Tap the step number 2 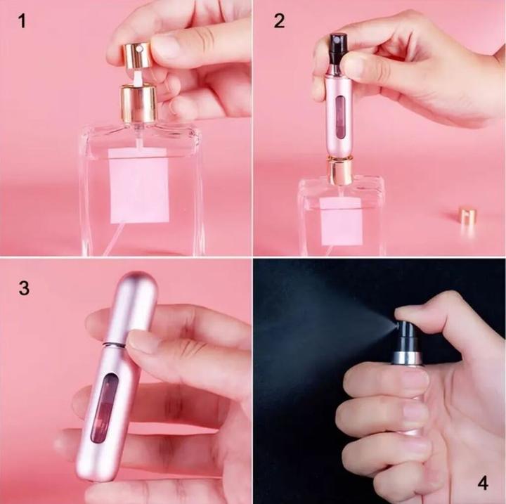tap(279, 21)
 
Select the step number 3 tap(24, 289)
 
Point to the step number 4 tap(482, 483)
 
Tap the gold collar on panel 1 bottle tap(138, 103)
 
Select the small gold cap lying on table tap(467, 216)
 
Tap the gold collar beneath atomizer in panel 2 tap(341, 171)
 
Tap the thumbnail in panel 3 tap(144, 342)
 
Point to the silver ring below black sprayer tap(406, 358)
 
